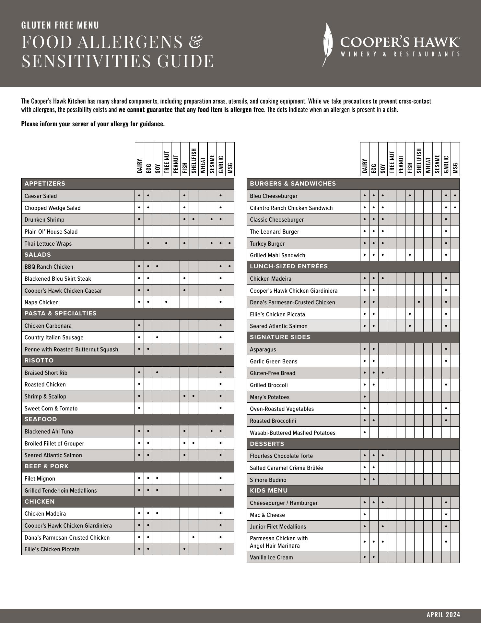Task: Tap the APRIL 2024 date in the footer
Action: click(443, 615)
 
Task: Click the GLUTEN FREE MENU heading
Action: click(60, 25)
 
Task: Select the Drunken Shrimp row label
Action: click(44, 220)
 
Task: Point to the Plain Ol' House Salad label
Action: click(51, 232)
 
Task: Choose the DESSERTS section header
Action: click(267, 444)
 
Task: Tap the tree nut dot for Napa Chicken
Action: click(166, 302)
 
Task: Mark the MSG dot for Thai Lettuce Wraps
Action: click(229, 243)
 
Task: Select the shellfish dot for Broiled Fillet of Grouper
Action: click(194, 443)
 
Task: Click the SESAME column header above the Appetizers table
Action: click(212, 164)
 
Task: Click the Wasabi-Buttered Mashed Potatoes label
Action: click(292, 433)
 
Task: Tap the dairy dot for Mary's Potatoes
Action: click(365, 397)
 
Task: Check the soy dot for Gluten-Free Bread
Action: click(383, 373)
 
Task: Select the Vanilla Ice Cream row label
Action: click(271, 557)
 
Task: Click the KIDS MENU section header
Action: click(269, 491)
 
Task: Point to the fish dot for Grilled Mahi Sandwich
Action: click(410, 255)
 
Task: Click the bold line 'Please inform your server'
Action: click(93, 124)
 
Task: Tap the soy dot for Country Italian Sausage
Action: click(157, 337)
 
